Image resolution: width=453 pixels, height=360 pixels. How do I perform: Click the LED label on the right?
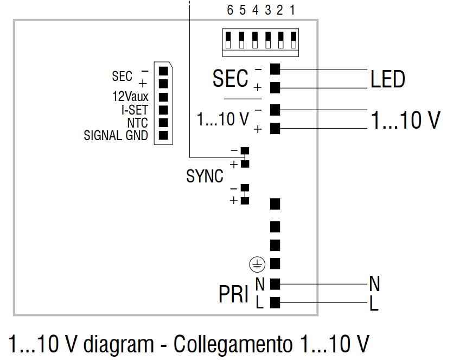tap(387, 79)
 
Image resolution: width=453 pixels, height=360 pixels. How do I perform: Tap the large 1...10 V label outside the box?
tap(405, 120)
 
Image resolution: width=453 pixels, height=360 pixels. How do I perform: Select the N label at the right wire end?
tap(374, 283)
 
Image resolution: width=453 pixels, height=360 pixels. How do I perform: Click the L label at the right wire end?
tap(373, 304)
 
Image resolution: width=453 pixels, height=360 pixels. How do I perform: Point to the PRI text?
tap(233, 294)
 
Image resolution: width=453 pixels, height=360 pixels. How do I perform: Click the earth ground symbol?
tap(257, 264)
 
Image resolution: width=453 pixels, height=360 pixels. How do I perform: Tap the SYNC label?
tap(205, 176)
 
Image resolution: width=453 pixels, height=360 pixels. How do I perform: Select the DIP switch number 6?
tap(230, 10)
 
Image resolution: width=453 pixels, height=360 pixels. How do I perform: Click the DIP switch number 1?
tap(292, 10)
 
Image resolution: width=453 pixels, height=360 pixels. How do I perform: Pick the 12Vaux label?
tap(130, 96)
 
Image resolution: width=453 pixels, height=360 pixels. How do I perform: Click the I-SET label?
tap(135, 109)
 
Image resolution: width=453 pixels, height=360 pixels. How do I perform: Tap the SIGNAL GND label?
tap(116, 135)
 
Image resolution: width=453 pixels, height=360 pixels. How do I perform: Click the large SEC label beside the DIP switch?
tap(230, 79)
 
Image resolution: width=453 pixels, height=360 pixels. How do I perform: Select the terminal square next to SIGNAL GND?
tap(163, 135)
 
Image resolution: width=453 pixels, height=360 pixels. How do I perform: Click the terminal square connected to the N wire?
tap(275, 283)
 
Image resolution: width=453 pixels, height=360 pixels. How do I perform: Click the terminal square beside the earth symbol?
tap(275, 263)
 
